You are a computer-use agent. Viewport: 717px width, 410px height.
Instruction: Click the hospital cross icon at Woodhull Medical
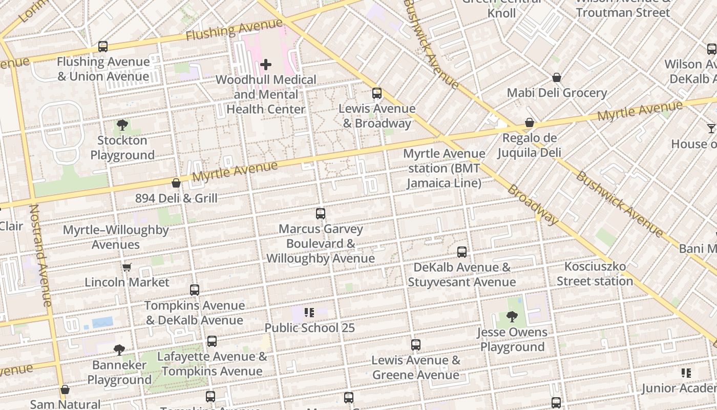pos(266,65)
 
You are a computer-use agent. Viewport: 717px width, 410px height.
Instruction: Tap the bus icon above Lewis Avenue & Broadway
pos(377,93)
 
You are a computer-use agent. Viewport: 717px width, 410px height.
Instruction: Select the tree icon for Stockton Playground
pos(122,125)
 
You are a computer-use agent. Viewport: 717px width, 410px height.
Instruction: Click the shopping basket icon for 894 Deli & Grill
pos(176,183)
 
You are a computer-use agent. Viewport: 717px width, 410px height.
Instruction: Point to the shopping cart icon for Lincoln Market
pos(126,267)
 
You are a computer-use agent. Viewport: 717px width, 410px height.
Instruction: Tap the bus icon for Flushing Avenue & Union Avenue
pos(103,47)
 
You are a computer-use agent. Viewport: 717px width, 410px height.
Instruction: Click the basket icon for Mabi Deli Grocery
pos(557,78)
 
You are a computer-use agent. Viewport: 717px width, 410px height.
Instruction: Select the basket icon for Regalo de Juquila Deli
pos(530,123)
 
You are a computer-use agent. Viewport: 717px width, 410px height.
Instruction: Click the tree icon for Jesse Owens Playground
pos(512,317)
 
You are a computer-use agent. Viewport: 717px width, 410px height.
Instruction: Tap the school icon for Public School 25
pos(309,313)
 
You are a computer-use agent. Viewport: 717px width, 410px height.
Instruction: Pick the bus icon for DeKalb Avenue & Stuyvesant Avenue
pos(462,252)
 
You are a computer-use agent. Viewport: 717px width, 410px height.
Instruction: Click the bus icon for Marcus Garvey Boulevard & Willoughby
pos(321,214)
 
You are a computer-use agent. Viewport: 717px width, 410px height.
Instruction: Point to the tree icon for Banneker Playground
pos(119,350)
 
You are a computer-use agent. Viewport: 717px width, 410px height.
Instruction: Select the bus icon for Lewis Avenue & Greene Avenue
pos(416,345)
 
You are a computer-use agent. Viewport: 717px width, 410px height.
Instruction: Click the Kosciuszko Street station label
pos(595,274)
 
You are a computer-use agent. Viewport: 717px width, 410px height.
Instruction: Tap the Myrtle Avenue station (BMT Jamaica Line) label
pos(444,168)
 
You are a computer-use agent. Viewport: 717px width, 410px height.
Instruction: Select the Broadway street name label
pos(533,204)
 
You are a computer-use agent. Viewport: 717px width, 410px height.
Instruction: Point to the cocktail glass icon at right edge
pos(711,128)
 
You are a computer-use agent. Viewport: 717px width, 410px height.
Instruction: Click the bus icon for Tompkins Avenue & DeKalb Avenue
pos(195,290)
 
